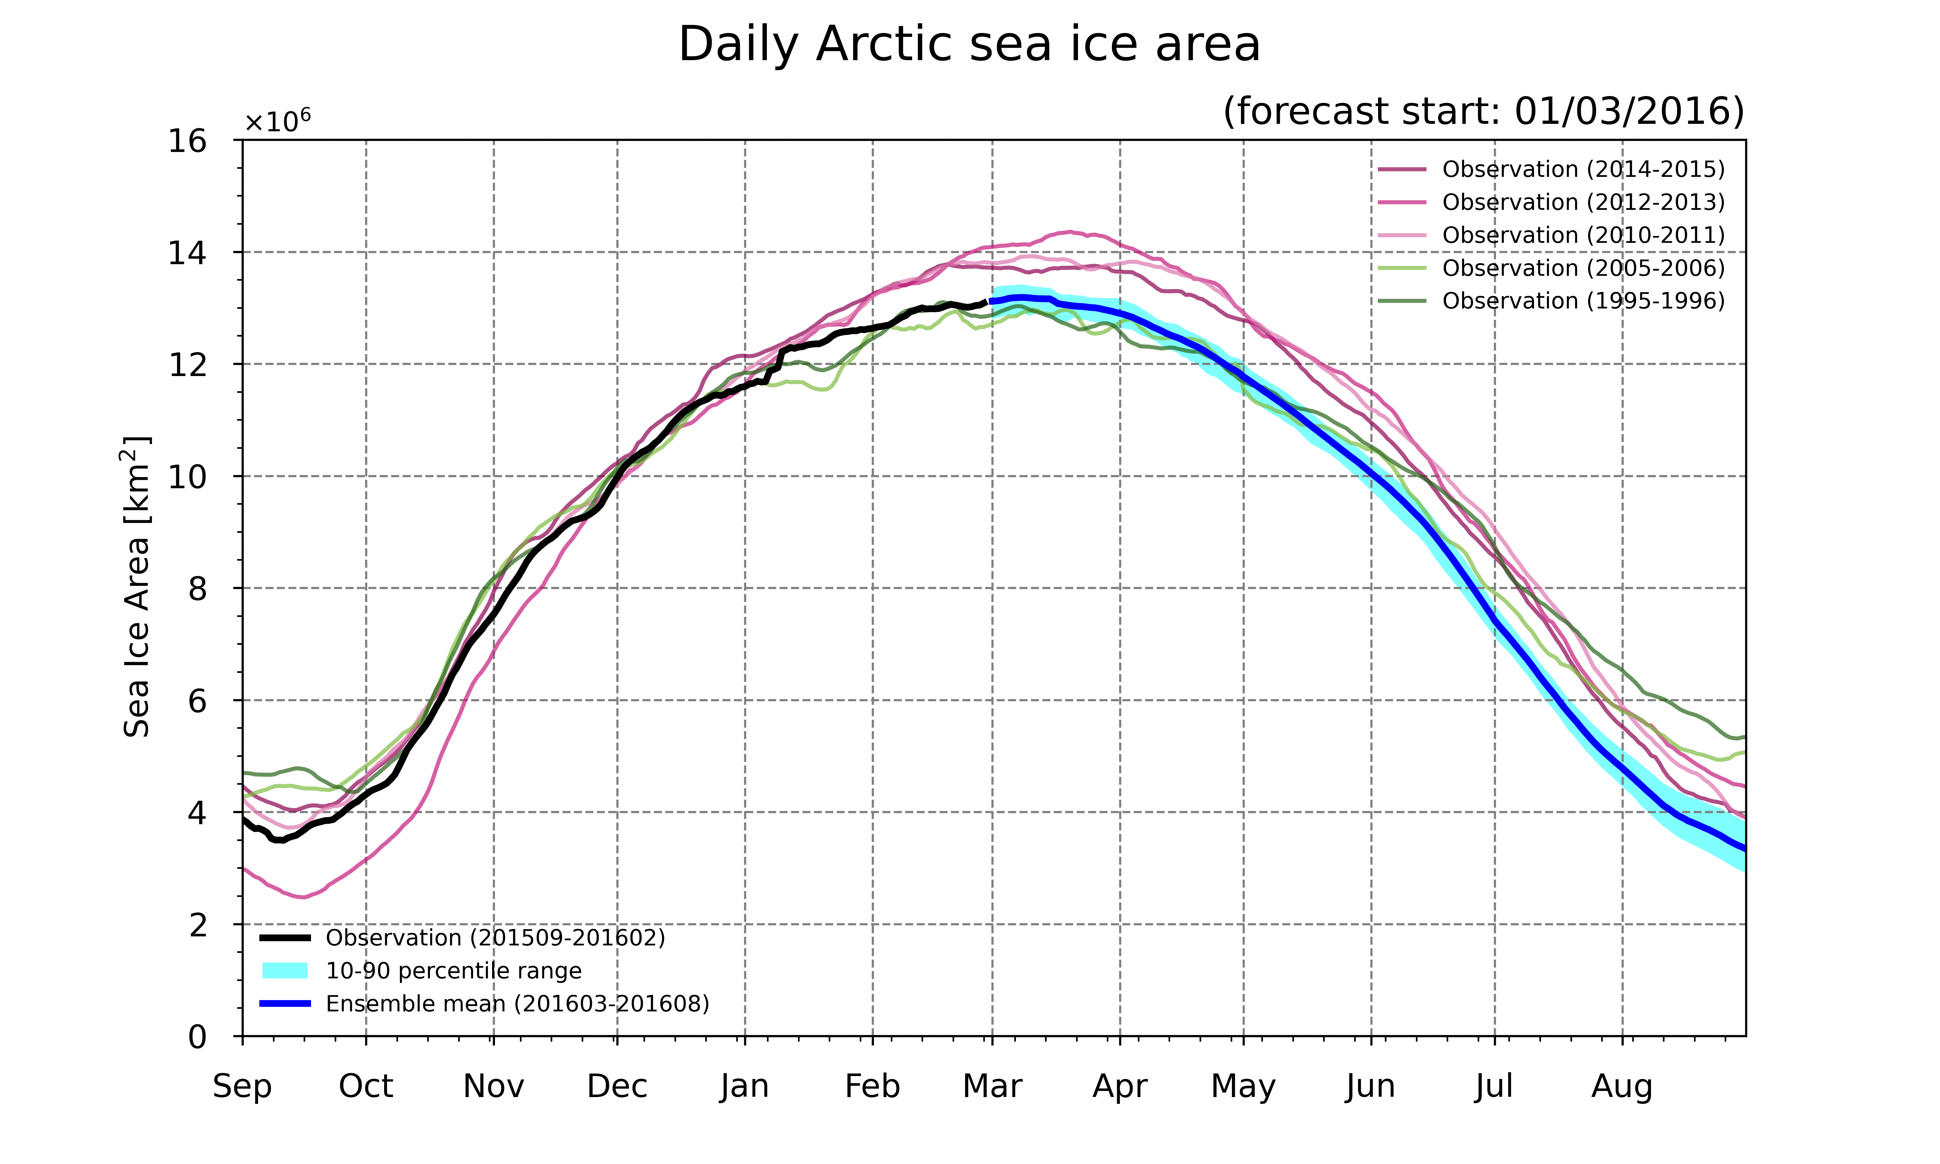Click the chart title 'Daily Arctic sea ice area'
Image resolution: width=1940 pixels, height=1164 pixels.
pos(969,45)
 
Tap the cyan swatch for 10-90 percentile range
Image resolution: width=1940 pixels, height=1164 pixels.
pos(285,971)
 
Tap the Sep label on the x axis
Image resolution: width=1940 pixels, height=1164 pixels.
pos(242,1087)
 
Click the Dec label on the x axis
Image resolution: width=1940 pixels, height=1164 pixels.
pos(617,1087)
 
